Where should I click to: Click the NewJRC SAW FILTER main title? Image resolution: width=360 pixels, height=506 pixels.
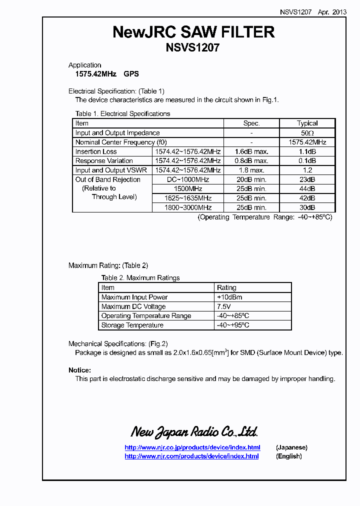click(193, 32)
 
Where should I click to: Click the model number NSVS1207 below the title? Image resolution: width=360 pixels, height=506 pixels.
click(192, 48)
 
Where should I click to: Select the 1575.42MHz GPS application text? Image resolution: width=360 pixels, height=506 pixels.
click(103, 74)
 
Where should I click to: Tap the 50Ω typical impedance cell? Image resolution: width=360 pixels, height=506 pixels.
click(307, 133)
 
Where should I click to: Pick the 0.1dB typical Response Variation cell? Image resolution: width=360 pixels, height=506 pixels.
click(307, 161)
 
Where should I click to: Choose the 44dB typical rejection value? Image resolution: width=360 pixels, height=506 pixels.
click(307, 189)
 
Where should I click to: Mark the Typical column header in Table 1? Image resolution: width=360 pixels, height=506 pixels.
click(307, 123)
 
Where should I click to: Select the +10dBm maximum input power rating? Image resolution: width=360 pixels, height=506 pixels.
click(229, 297)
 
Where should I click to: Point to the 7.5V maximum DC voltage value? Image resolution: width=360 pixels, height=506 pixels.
click(224, 306)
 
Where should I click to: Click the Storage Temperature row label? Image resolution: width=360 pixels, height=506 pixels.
click(132, 325)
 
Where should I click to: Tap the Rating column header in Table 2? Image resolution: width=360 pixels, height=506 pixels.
click(226, 287)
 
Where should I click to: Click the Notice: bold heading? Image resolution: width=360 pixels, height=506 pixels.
click(79, 370)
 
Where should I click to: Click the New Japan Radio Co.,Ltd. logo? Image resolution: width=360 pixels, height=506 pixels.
click(194, 431)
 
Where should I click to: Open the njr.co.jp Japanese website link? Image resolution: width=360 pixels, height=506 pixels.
click(192, 447)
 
